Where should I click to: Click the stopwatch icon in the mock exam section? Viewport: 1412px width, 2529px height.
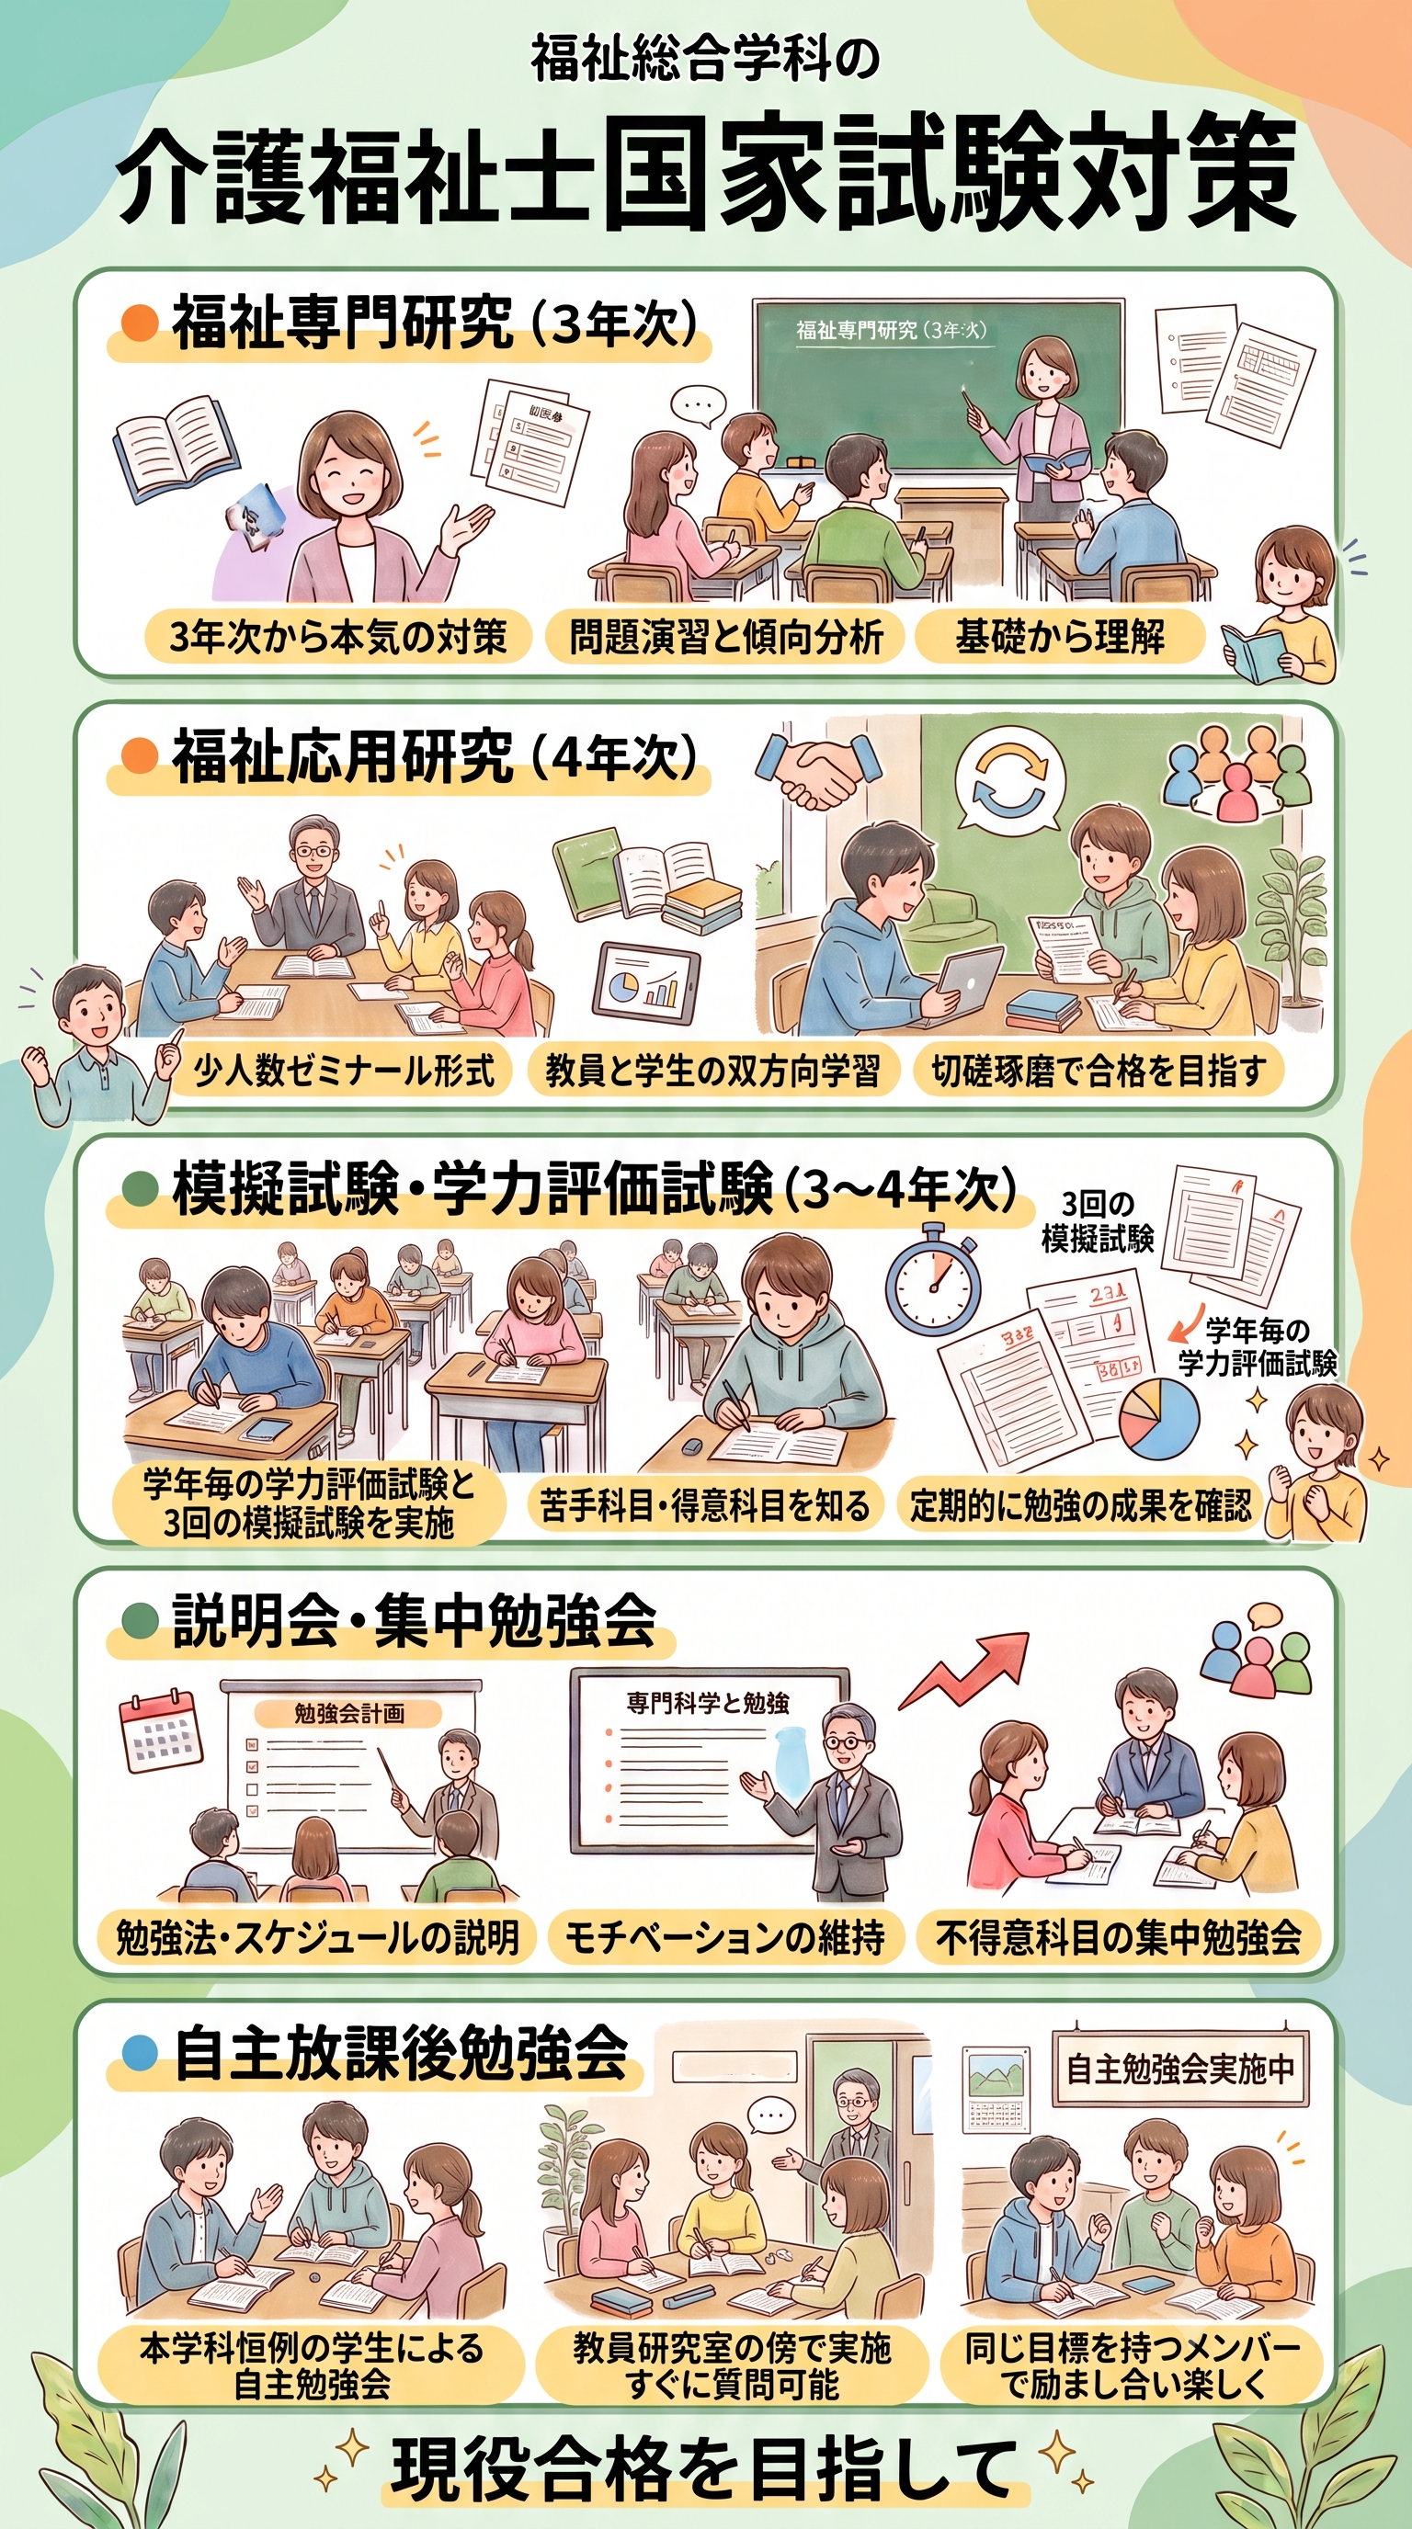(x=933, y=1279)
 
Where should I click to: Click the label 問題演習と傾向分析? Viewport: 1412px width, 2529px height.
(x=725, y=636)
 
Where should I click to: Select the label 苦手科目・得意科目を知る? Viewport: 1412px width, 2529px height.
(x=704, y=1504)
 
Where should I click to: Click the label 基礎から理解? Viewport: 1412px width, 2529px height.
(x=1060, y=636)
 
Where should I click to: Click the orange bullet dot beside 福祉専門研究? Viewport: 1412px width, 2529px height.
(x=141, y=322)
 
